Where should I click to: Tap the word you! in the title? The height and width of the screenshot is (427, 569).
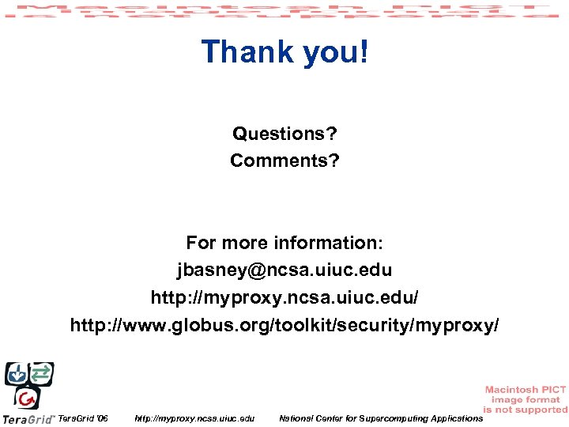tap(333, 52)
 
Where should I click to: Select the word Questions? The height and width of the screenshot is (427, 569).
tap(284, 134)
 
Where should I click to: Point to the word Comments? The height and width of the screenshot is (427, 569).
tap(284, 161)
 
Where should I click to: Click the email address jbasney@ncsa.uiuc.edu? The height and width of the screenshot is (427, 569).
tap(284, 270)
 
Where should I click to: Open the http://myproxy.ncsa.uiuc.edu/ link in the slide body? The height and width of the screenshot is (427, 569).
tap(284, 297)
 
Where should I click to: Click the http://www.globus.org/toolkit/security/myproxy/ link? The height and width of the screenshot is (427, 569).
tap(284, 325)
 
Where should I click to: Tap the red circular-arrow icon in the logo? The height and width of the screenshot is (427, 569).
tap(28, 398)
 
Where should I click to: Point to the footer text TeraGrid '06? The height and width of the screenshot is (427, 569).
tap(84, 418)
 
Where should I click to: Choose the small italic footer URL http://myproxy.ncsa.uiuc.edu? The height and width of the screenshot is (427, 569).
tap(194, 418)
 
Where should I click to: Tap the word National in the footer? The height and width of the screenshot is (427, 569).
tap(297, 418)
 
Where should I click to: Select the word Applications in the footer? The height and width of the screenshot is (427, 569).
tap(453, 418)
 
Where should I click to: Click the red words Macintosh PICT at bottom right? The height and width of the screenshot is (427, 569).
tap(525, 390)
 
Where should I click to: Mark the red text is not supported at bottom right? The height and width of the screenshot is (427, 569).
tap(526, 410)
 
